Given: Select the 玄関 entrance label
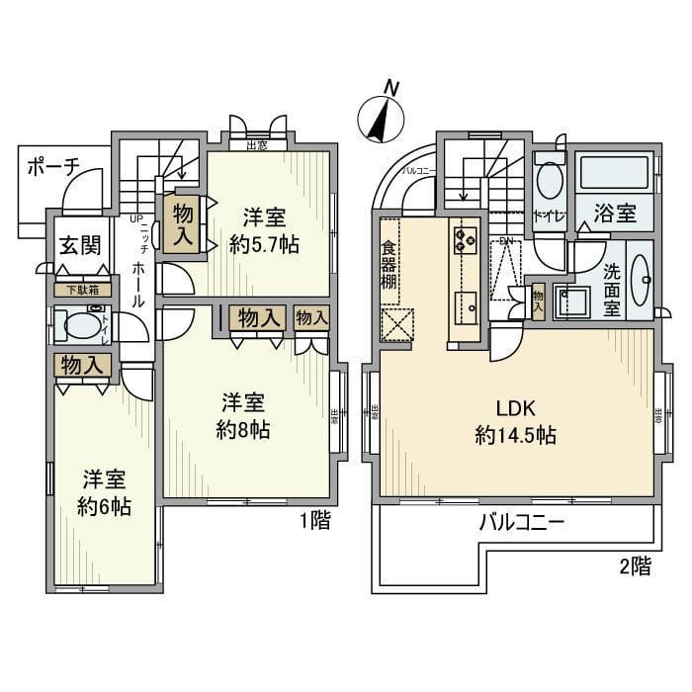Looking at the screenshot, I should [79, 246].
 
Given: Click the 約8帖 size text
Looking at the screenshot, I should [243, 431].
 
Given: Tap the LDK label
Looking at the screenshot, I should [514, 407].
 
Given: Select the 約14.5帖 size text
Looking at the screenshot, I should [514, 435].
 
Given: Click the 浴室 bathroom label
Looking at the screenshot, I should [615, 212].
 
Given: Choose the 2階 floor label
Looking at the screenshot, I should [637, 566].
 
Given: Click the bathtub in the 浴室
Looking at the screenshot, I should [615, 174].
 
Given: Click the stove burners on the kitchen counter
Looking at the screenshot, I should [465, 236].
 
